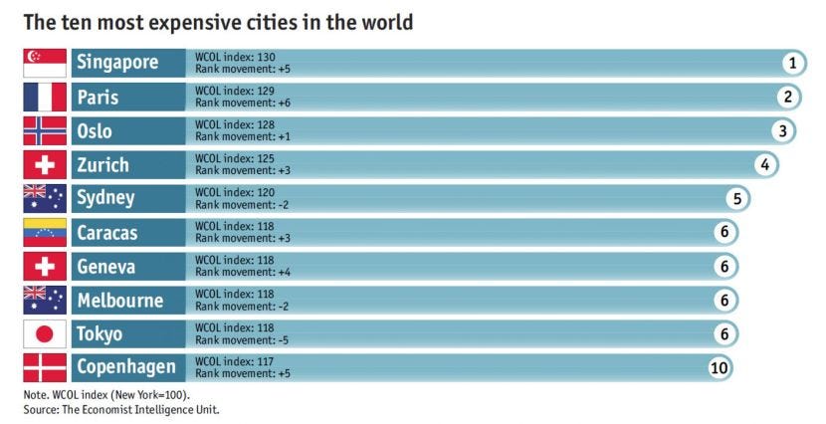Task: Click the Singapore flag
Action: click(x=45, y=64)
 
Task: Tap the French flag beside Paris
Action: click(x=45, y=97)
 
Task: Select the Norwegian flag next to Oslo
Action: click(x=45, y=130)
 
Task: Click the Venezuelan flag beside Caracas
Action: click(x=45, y=232)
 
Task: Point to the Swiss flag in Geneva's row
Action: click(x=45, y=266)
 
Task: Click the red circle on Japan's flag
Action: click(x=45, y=334)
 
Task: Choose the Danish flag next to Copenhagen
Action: click(x=45, y=367)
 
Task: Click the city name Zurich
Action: click(x=103, y=165)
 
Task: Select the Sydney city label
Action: click(x=105, y=199)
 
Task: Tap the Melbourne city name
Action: click(x=120, y=301)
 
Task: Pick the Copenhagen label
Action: click(x=126, y=367)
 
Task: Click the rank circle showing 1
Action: click(x=792, y=64)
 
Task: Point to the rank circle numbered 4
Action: click(x=765, y=165)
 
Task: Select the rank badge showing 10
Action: click(x=720, y=367)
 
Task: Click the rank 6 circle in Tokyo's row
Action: click(x=724, y=334)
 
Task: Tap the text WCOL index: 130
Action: click(x=235, y=57)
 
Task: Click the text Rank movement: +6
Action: click(x=243, y=103)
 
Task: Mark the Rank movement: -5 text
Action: click(x=242, y=339)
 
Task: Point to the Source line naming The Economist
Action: click(x=121, y=409)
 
